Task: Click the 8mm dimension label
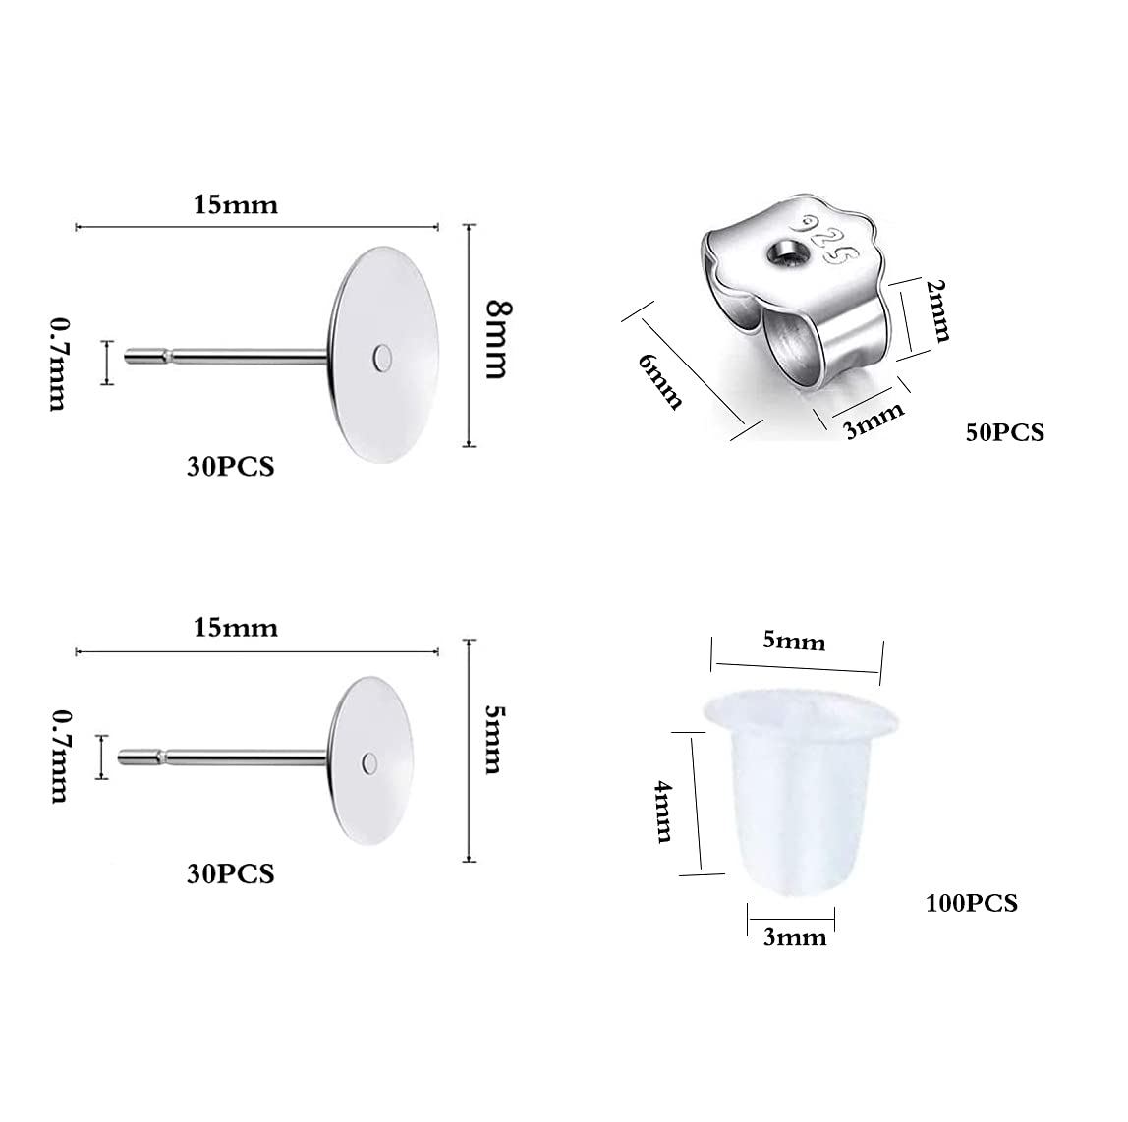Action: [x=497, y=340]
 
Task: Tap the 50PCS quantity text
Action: [x=1004, y=432]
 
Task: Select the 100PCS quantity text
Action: [x=971, y=903]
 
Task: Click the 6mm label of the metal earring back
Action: [x=659, y=382]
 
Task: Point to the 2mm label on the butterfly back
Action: [x=938, y=310]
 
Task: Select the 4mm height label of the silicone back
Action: [x=662, y=812]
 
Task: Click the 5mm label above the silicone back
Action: [x=794, y=641]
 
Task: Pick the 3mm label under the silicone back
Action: [x=794, y=938]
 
